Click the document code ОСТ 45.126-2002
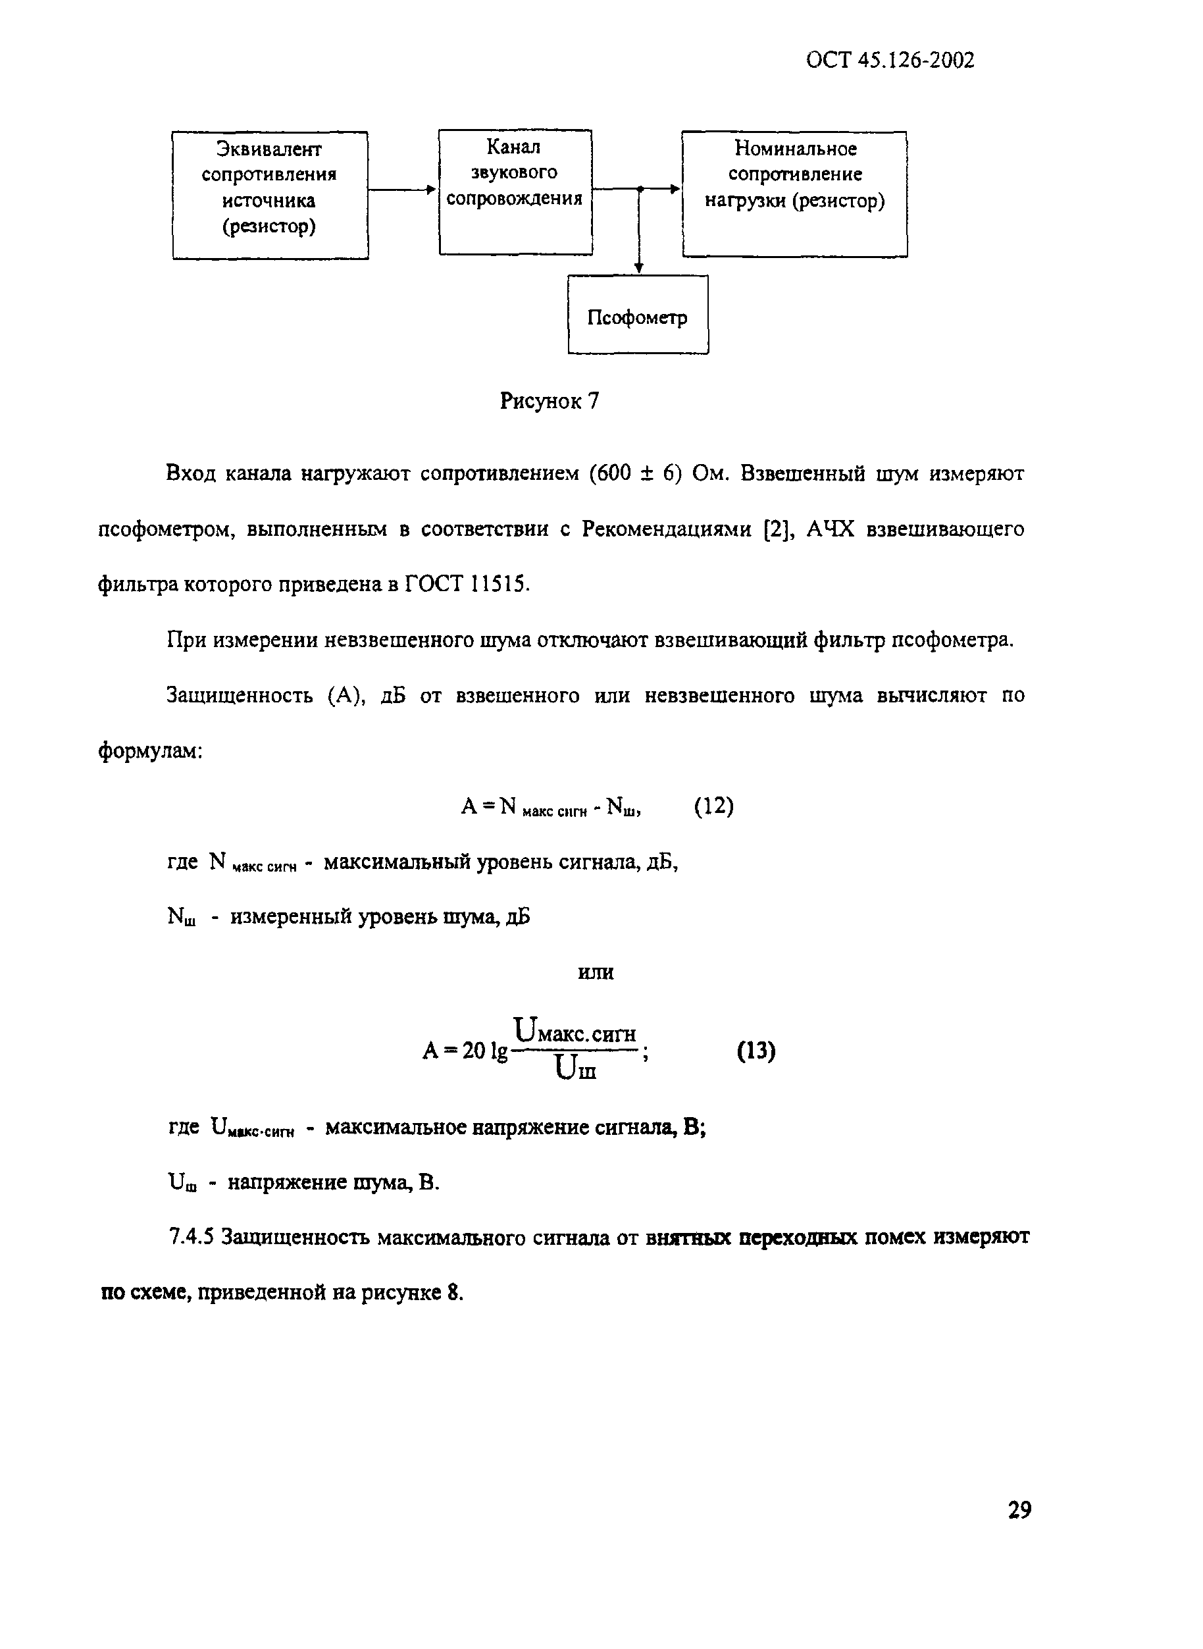coord(890,60)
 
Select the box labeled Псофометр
coord(637,315)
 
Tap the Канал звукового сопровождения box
coord(515,192)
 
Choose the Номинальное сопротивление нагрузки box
coord(794,193)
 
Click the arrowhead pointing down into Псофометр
coord(638,268)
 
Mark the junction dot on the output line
coord(640,189)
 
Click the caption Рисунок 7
coord(549,401)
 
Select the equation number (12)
coord(713,806)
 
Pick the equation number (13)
coord(756,1051)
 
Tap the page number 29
coord(1019,1510)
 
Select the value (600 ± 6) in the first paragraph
coord(634,473)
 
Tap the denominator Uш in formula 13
coord(575,1068)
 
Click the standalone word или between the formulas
coord(596,972)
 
